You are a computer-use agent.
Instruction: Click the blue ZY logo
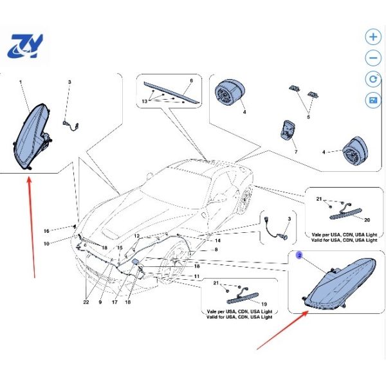pos(25,46)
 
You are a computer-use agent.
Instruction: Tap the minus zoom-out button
pos(373,58)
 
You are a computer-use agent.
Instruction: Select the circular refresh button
pos(373,79)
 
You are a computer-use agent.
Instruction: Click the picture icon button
pos(373,100)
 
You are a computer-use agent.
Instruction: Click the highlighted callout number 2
pos(299,255)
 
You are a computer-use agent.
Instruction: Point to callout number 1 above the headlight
pos(21,82)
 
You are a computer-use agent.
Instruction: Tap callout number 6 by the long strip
pos(192,80)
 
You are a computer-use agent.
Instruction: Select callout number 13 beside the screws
pos(145,101)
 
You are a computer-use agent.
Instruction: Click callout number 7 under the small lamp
pos(296,152)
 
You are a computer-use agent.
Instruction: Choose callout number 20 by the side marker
pos(367,219)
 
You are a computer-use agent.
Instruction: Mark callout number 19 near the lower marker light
pos(264,304)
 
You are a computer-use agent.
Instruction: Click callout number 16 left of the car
pos(46,231)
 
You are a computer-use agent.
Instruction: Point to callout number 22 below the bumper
pos(86,302)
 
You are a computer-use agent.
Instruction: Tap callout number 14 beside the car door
pos(217,241)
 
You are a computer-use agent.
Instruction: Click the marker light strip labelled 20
pos(346,213)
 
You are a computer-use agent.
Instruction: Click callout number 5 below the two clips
pos(308,117)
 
